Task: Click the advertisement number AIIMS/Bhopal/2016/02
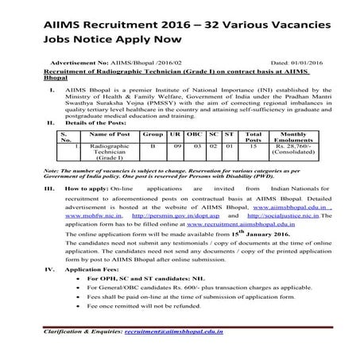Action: [x=137, y=60]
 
